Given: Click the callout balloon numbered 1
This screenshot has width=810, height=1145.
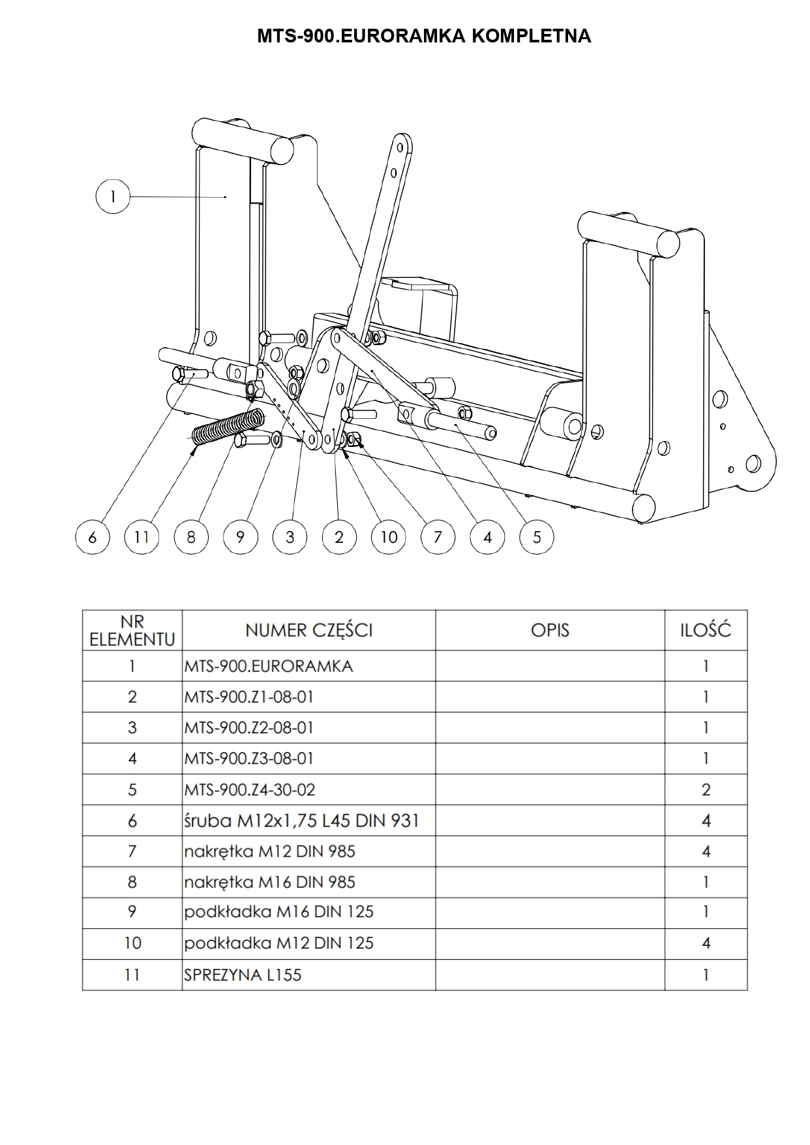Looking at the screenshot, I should point(113,196).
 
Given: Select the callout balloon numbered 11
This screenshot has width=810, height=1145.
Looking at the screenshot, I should point(142,537).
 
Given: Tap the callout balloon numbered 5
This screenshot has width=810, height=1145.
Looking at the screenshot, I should point(537,537).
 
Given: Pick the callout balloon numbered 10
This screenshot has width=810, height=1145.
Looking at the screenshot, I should point(389,537).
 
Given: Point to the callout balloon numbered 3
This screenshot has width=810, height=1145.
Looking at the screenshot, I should point(290,537).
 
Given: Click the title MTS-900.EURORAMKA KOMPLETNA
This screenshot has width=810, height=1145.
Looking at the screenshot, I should point(424,36).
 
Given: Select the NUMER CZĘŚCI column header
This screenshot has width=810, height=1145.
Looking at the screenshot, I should point(308,630).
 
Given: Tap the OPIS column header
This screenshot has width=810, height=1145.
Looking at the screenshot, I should point(550,630).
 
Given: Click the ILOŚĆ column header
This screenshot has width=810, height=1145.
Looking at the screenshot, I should point(706,630).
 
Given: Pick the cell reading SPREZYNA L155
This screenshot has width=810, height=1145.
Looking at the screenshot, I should point(243,975).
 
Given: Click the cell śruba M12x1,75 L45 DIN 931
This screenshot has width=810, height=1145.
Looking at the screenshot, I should point(301,820).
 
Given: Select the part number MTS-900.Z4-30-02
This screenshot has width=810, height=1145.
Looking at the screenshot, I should point(249,789).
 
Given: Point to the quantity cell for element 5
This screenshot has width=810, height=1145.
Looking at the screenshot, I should point(706,789).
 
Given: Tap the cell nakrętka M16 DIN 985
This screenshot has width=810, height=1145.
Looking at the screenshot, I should point(269,882).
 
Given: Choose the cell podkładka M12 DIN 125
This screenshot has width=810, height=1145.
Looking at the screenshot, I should point(278,943).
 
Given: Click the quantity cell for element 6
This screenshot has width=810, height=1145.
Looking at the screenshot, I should point(706,820).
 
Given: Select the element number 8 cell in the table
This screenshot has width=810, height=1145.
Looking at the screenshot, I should point(132,882).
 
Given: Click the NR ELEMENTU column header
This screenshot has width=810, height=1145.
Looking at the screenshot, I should point(132,630).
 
